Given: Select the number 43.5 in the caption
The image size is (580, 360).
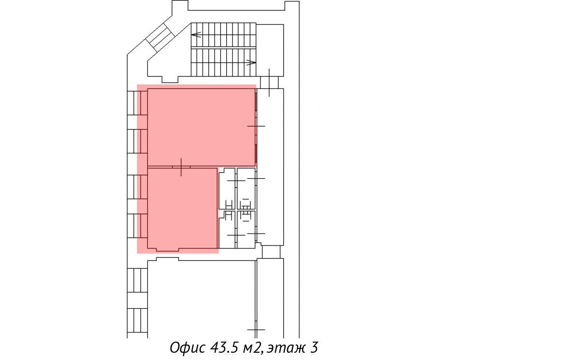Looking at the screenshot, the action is click(x=224, y=348).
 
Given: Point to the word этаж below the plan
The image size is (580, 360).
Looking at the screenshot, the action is click(x=286, y=348).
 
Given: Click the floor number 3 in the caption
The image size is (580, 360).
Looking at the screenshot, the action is click(x=314, y=347).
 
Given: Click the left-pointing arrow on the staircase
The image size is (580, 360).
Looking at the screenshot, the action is click(x=196, y=35).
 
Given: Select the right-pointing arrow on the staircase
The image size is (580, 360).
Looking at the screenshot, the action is click(x=251, y=62).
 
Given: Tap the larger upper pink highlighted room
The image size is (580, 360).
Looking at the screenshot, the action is click(x=202, y=127).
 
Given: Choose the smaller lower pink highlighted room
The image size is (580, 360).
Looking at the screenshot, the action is click(x=182, y=208).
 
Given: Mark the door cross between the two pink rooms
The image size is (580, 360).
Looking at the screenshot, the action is click(x=181, y=167).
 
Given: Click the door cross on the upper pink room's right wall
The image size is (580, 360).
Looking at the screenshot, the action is click(x=256, y=126).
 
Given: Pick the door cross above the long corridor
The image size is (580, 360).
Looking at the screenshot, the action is click(x=269, y=83).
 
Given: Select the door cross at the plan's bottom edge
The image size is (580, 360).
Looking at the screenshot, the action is click(x=256, y=330).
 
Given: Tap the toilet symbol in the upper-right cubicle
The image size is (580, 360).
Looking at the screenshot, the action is click(x=246, y=204).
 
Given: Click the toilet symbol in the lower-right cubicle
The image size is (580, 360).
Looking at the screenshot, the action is click(x=246, y=216).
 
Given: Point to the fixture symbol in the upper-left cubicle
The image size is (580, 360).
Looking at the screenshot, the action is click(x=228, y=204).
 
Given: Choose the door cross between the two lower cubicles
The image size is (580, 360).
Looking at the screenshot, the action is click(x=236, y=235).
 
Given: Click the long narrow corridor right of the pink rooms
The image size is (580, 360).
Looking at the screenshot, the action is click(x=270, y=167).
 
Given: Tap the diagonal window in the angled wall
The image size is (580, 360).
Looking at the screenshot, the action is click(x=159, y=37).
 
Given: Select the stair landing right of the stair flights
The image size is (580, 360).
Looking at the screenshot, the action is click(x=270, y=50).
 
